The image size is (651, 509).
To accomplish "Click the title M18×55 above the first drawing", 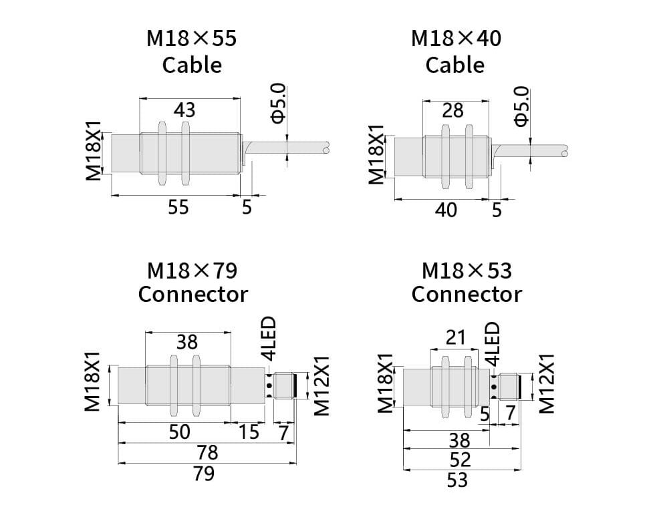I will (x=191, y=38).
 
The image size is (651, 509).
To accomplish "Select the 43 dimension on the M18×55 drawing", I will (x=184, y=110).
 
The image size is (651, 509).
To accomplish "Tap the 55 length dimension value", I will (x=178, y=207).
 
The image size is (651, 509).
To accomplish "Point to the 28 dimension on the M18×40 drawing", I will (x=452, y=110).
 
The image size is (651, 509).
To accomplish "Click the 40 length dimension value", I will (x=446, y=210).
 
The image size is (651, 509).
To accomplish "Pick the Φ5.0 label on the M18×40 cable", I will (x=521, y=106).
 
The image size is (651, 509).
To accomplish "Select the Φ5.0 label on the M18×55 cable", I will (x=278, y=103).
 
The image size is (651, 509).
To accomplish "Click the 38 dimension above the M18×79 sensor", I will (x=187, y=342).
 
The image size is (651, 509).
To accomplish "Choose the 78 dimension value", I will (x=208, y=453).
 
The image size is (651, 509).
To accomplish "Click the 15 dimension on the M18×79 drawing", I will (x=248, y=432).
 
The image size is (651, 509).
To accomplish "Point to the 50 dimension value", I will (x=178, y=432).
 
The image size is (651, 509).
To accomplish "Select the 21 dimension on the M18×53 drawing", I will (x=455, y=338).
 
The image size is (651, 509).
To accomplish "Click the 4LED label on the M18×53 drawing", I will (x=492, y=343).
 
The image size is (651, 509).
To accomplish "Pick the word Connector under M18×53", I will (x=466, y=294).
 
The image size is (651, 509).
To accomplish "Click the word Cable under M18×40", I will (x=454, y=65).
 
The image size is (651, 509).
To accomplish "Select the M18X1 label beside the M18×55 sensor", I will (x=93, y=151).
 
